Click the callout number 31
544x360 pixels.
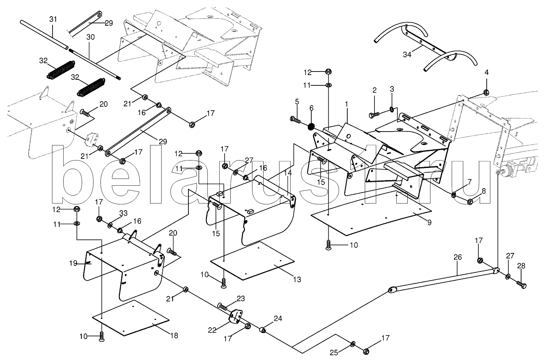(53, 19)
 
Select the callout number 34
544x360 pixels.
(407, 55)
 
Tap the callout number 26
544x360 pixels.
(457, 257)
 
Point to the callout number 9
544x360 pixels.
(429, 222)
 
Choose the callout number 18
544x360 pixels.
(174, 335)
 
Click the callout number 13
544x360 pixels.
(297, 279)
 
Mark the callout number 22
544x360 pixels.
(213, 330)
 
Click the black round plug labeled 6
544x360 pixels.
(311, 127)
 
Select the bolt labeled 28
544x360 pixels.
(521, 284)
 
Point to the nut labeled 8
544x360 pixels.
(470, 202)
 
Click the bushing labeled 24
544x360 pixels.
(262, 330)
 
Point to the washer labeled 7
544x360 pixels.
(454, 194)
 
